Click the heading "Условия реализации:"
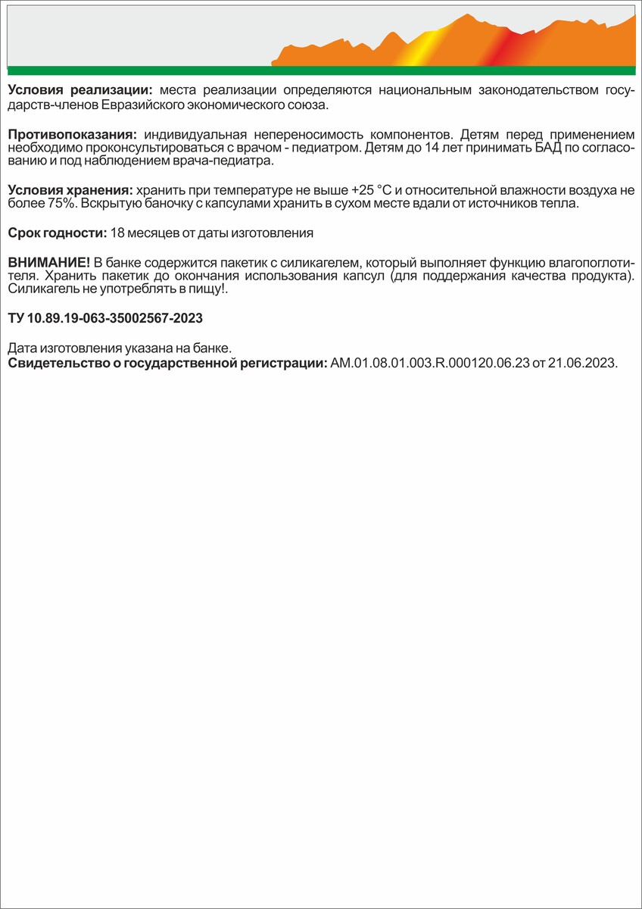coord(81,90)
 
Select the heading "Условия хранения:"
coord(70,189)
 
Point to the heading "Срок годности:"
coord(57,233)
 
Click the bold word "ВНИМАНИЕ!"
coord(48,261)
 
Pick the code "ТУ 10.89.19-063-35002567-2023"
coord(105,318)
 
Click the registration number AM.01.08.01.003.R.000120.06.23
coord(429,363)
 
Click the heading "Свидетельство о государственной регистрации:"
coord(167,363)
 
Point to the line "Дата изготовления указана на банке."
coord(119,348)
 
